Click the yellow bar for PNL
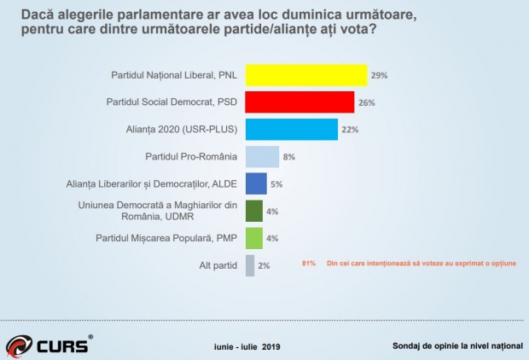306,75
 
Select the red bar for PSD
299,102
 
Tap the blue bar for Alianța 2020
291,130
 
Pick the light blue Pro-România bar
262,157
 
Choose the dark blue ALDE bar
256,183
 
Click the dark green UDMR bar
253,211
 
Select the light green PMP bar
253,238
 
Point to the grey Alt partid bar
249,265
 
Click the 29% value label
380,76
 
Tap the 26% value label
366,103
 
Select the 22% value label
349,131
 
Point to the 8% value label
288,158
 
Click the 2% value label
264,266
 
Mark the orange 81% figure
310,264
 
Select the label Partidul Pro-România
193,157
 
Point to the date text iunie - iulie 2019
247,347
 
